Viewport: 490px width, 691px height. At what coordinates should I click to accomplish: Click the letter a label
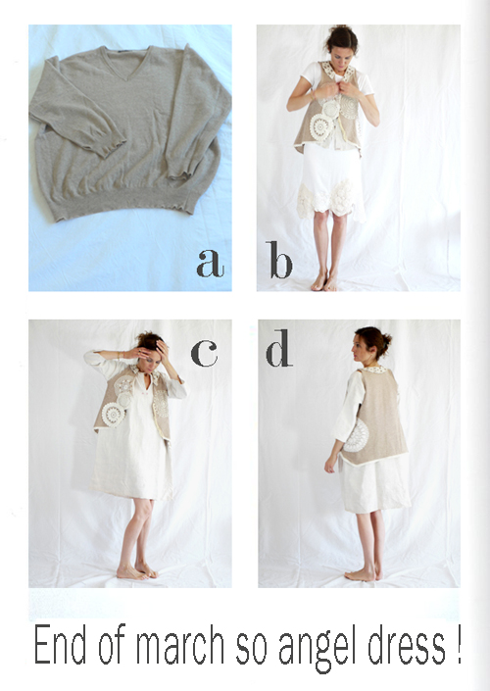210,263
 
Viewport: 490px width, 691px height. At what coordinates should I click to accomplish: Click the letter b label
278,260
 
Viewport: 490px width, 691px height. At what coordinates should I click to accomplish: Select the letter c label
204,353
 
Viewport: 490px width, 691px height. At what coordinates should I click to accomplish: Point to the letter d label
279,348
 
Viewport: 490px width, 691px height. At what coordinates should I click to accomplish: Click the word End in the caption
60,644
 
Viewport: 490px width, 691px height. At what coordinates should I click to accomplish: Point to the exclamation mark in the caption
458,644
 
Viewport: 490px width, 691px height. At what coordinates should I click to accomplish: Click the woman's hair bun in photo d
386,340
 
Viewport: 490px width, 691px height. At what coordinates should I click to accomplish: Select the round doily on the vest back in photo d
356,435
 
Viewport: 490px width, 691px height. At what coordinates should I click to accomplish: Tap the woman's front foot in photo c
131,573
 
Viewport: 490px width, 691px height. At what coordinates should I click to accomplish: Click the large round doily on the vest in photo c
114,415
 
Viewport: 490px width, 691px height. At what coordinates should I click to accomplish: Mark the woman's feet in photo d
364,574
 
